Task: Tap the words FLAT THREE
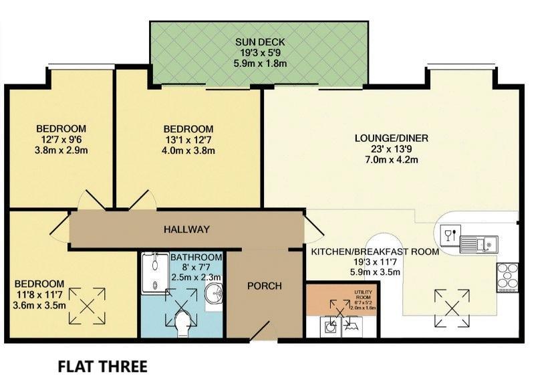click(x=102, y=367)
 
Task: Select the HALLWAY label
click(x=187, y=229)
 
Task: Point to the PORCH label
click(x=265, y=286)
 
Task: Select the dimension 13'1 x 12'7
click(x=188, y=140)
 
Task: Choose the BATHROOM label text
click(x=196, y=258)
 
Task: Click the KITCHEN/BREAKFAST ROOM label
click(x=374, y=252)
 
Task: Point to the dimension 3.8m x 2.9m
click(x=61, y=150)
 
